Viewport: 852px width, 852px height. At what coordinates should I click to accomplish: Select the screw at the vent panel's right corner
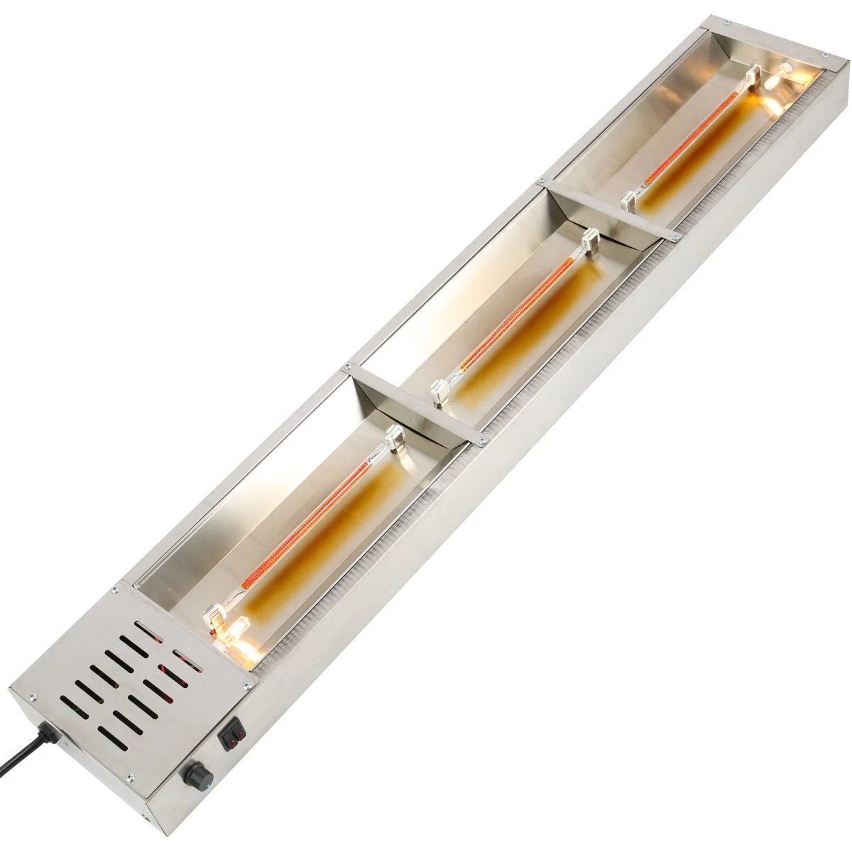coord(246,685)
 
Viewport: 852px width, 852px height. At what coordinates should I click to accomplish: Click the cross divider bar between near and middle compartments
coord(412,402)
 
